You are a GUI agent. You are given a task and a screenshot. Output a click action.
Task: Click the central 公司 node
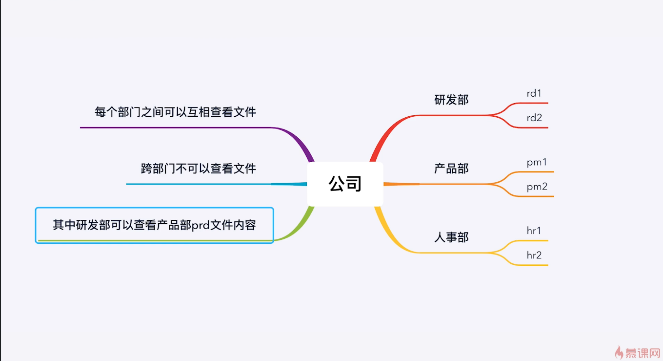click(x=345, y=184)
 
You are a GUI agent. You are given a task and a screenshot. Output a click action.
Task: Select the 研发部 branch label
click(x=451, y=100)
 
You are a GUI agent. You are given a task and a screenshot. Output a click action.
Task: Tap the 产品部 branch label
click(x=451, y=169)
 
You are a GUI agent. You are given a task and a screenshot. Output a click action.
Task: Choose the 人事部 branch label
click(x=451, y=237)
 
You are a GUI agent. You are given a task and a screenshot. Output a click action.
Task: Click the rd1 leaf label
click(x=534, y=93)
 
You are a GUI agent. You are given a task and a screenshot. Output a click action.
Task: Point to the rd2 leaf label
click(x=534, y=118)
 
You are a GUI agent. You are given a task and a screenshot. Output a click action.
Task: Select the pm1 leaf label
click(x=537, y=162)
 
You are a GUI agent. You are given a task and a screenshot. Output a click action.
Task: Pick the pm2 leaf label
click(x=537, y=187)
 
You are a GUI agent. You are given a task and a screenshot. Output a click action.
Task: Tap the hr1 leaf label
click(x=534, y=231)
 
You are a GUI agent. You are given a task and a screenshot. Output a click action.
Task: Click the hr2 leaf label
click(x=534, y=255)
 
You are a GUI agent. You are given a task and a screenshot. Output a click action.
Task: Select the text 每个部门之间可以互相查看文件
click(x=175, y=112)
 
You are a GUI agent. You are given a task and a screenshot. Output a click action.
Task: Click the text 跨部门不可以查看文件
click(x=198, y=169)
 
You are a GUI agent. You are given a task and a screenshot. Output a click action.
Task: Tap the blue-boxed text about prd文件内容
click(x=154, y=225)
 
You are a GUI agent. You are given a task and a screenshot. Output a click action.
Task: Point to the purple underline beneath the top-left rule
click(x=176, y=127)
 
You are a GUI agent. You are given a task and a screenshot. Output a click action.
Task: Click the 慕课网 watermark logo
click(x=638, y=352)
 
